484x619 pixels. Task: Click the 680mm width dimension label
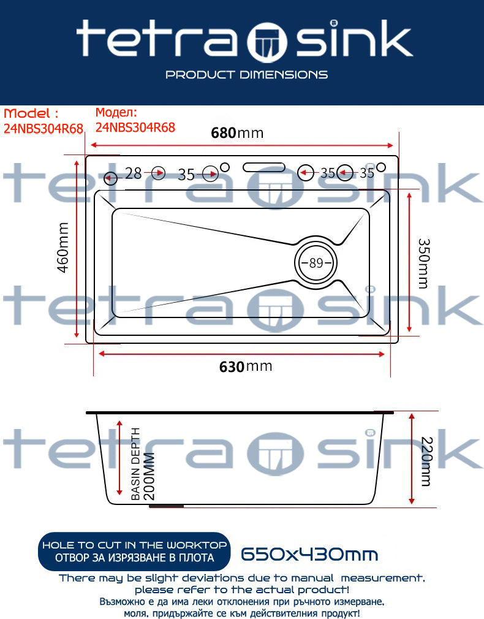click(237, 133)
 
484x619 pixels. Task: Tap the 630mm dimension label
click(246, 366)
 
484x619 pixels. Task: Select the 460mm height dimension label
click(63, 248)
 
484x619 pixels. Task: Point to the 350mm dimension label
click(423, 264)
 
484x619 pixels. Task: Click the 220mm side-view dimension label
click(427, 461)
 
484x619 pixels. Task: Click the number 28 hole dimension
click(134, 173)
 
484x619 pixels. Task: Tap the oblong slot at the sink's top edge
click(263, 167)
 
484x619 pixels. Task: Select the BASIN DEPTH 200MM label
click(143, 464)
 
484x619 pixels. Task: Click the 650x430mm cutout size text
click(309, 554)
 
